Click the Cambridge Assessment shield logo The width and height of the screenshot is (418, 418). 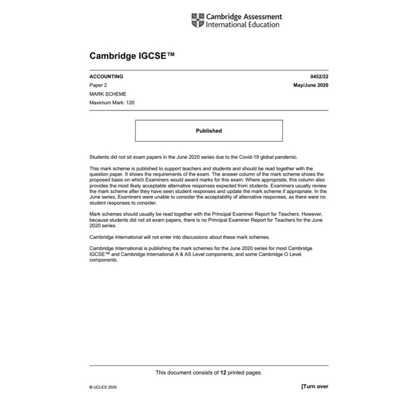tap(197, 20)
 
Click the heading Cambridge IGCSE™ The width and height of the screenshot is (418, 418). tap(132, 56)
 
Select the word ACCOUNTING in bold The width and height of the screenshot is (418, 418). tap(106, 76)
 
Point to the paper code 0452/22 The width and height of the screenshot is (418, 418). tap(319, 76)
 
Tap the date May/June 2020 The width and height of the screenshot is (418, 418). tap(311, 85)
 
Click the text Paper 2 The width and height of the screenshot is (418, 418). tap(99, 85)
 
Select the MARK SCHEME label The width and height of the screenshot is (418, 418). tap(108, 94)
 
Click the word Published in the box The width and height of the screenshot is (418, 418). tap(208, 131)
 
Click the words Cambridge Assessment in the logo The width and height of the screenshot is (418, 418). tap(244, 17)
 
